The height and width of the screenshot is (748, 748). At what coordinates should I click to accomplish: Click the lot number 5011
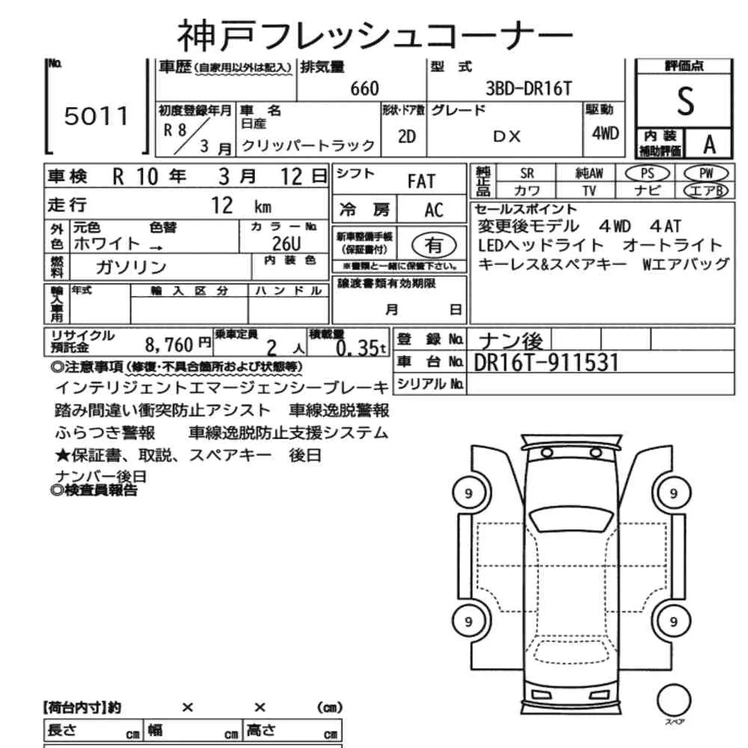96,116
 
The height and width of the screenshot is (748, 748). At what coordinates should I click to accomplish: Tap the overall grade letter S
685,101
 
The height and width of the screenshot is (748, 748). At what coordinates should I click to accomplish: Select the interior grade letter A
709,144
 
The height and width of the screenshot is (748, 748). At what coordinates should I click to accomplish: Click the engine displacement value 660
364,89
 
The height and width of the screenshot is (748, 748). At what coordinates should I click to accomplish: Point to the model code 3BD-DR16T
528,88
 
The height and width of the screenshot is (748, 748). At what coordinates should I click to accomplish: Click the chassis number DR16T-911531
546,363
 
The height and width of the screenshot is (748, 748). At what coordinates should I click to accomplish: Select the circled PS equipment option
647,174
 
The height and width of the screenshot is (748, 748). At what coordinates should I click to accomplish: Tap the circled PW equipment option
706,174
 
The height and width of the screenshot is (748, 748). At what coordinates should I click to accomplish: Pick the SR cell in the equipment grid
527,174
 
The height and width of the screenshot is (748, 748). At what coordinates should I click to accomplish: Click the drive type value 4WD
605,134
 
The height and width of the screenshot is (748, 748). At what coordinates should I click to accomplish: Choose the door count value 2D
406,137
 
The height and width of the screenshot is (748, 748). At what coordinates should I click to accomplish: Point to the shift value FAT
421,181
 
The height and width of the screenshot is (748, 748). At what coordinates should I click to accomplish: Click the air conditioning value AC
434,210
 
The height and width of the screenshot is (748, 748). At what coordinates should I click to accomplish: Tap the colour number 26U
286,244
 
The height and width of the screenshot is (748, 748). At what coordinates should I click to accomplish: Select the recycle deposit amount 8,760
169,344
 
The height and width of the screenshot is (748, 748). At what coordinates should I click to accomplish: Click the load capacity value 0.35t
361,348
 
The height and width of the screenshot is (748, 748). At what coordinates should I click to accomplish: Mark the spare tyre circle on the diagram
674,701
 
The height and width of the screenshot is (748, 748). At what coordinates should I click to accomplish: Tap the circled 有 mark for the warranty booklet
434,245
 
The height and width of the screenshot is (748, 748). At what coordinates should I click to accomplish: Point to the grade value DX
506,137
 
